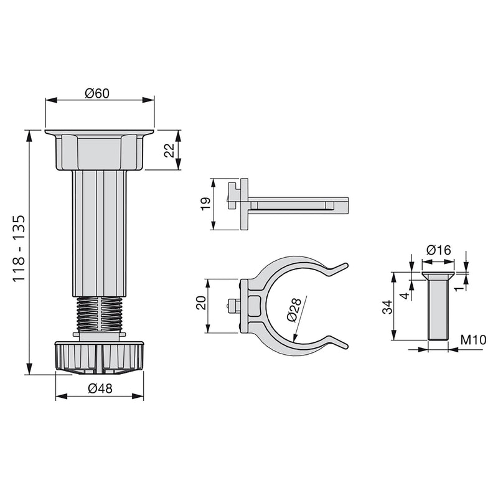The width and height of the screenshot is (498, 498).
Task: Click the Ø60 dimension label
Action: pos(97,93)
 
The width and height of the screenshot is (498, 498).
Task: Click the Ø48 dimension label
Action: pos(100,388)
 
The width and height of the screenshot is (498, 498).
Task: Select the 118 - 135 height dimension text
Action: pos(18,249)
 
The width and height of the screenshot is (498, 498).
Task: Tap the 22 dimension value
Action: pos(169,151)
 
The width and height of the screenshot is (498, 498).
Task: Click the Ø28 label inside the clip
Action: pos(294,309)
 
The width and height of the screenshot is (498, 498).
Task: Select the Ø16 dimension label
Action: pos(438,250)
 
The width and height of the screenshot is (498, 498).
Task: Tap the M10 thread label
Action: pos(473,340)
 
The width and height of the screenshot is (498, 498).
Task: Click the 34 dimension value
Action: pos(387,306)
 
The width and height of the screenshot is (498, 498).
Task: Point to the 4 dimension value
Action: pos(404,295)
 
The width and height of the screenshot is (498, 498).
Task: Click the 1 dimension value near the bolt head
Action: pos(459,287)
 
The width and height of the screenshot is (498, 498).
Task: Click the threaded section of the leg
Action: pos(100,314)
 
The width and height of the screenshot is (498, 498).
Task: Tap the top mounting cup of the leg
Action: pos(100,150)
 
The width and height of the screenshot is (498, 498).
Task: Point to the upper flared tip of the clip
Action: pos(338,268)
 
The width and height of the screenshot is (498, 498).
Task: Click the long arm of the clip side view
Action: pos(299,204)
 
